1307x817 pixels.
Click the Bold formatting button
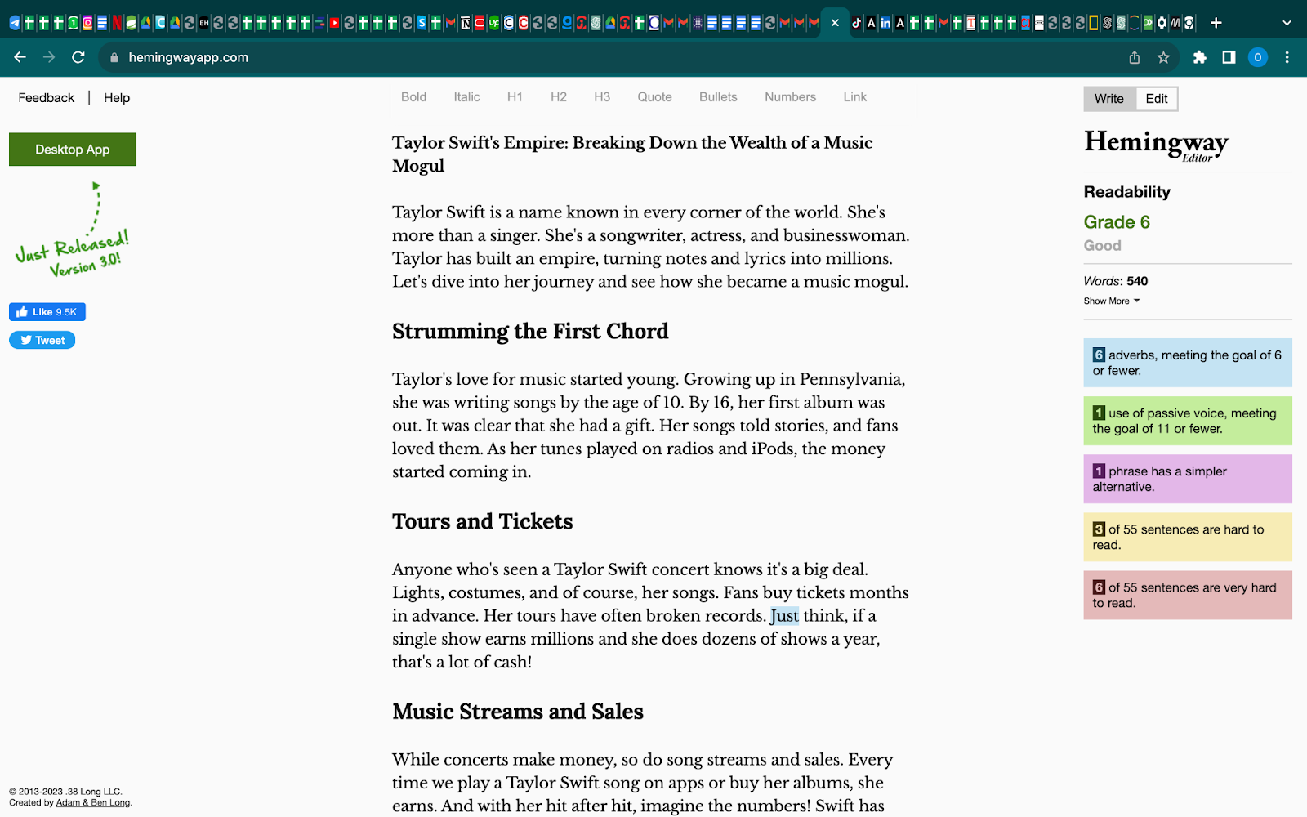(413, 97)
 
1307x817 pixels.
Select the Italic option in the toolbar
(466, 97)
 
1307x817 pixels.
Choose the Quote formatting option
(654, 97)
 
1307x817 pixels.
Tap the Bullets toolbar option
(718, 97)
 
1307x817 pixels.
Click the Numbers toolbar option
(790, 97)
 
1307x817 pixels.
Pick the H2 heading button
(558, 97)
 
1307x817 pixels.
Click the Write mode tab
(1108, 99)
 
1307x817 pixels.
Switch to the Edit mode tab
(1156, 99)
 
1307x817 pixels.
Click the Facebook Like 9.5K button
(47, 312)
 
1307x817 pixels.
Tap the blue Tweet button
(42, 341)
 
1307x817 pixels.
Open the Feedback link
(47, 98)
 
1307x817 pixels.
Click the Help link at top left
(117, 98)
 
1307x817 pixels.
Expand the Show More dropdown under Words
(1111, 301)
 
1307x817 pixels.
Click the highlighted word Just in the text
(784, 616)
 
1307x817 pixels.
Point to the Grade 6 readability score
(1117, 222)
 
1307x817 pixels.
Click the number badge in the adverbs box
(1099, 355)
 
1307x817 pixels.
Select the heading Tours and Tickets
(482, 522)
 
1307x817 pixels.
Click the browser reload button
(78, 57)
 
